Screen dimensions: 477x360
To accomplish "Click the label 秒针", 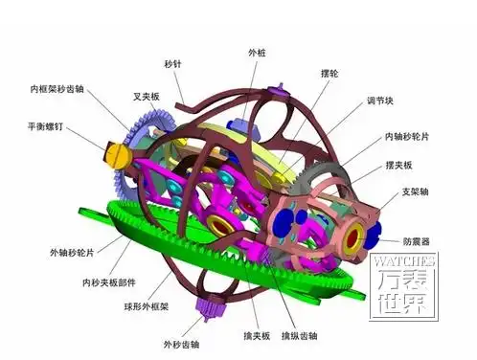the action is [173, 64].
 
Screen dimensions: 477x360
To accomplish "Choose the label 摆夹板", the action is [401, 165].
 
